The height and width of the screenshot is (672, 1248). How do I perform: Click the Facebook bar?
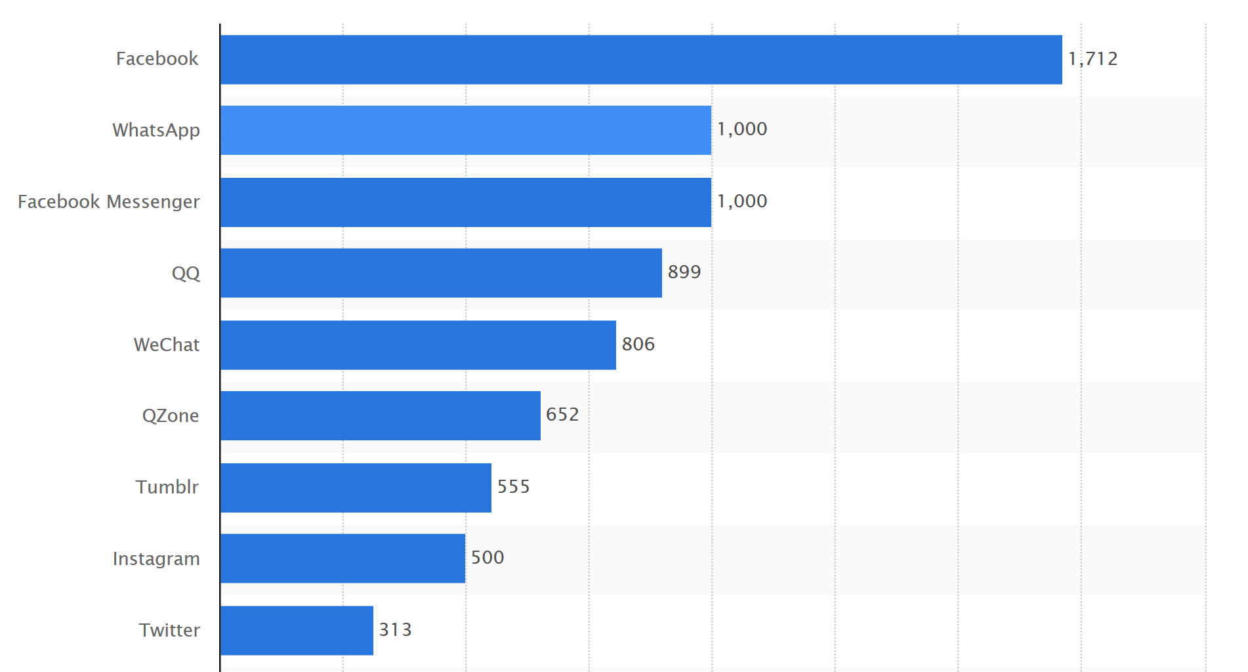[x=641, y=60]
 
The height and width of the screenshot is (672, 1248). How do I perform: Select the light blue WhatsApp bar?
[x=466, y=131]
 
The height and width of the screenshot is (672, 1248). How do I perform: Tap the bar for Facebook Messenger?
[x=466, y=202]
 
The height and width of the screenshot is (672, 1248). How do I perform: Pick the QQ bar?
[x=441, y=273]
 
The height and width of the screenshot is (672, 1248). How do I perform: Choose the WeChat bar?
[x=418, y=345]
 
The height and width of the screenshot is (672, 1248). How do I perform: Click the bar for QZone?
[x=381, y=416]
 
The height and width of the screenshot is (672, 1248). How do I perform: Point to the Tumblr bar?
[x=356, y=488]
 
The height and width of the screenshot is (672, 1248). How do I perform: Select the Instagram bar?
[x=343, y=558]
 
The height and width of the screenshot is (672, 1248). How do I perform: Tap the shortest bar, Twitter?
[x=297, y=631]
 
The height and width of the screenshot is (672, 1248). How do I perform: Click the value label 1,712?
[x=1092, y=59]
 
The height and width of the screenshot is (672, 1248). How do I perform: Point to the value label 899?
[x=684, y=272]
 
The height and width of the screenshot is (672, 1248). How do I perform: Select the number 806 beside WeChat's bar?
[x=638, y=344]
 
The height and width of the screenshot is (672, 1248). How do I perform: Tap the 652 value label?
[x=562, y=415]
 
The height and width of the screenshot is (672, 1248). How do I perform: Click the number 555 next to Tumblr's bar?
[x=513, y=487]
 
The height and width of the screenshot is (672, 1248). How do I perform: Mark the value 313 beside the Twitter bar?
[x=395, y=630]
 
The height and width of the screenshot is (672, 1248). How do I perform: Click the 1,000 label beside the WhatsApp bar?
[x=742, y=129]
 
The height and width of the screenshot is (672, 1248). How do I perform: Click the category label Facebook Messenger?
[x=109, y=201]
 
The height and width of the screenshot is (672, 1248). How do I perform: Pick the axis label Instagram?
[x=156, y=558]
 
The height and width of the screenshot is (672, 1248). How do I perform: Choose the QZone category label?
[x=171, y=415]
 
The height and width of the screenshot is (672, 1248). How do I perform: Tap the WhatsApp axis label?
[x=156, y=130]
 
